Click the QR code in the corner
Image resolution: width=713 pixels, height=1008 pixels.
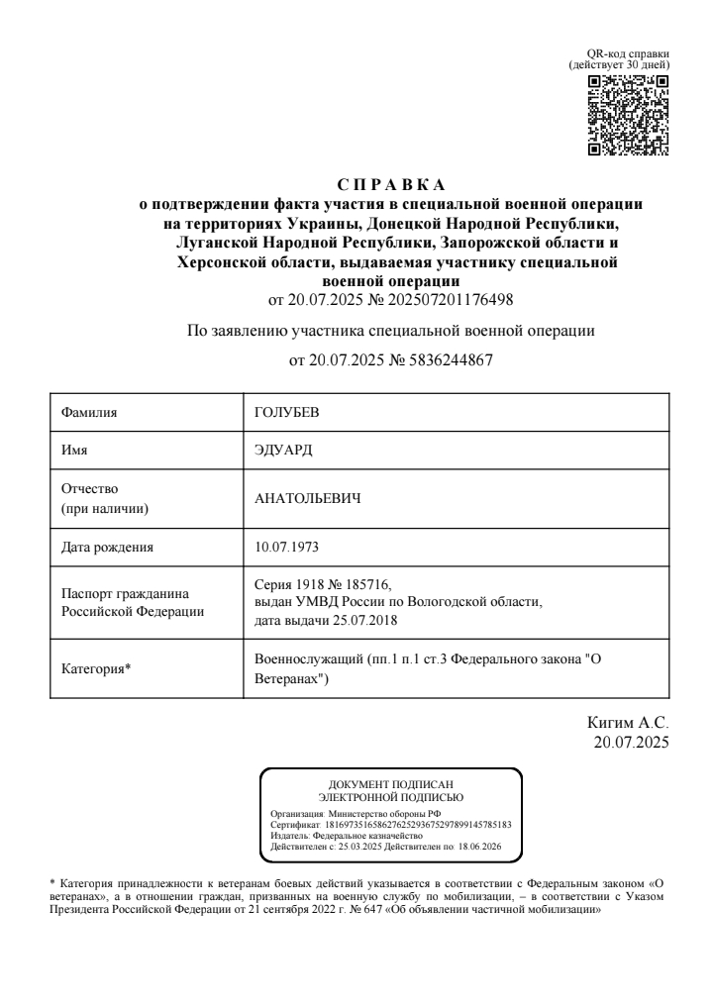click(629, 116)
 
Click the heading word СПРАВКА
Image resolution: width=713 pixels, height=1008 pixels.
click(391, 186)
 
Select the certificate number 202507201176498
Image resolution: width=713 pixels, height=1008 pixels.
click(454, 297)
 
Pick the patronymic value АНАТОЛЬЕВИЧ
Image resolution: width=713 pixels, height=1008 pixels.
click(307, 497)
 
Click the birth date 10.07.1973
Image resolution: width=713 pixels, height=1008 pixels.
click(287, 545)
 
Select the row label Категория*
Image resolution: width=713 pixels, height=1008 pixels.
click(96, 668)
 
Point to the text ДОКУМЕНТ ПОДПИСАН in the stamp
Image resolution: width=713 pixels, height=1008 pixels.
click(390, 785)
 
